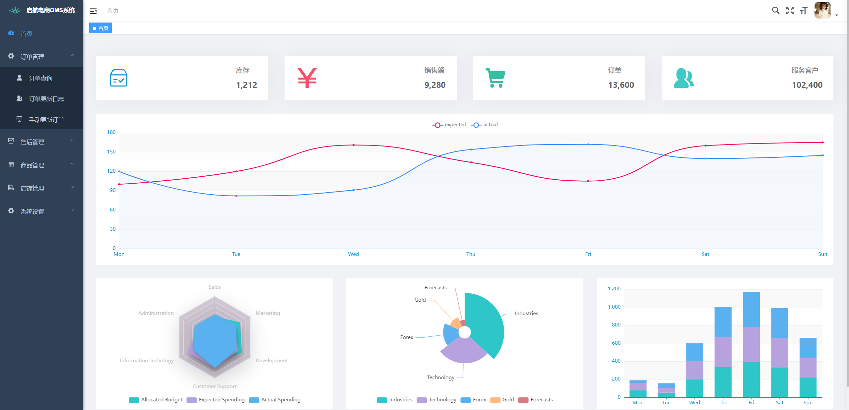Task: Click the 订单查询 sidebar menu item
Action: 40,78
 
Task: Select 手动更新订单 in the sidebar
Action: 46,120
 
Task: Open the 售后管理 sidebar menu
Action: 32,142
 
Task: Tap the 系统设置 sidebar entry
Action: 32,211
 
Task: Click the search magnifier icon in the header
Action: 775,11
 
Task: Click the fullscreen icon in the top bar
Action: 790,11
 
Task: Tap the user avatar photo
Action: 822,11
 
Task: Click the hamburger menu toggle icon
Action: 94,11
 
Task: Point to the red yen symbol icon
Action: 307,78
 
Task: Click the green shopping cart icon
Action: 495,78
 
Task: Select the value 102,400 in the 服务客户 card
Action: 807,85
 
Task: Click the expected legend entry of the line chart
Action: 449,125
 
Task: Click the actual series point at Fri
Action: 588,145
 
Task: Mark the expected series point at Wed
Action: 354,145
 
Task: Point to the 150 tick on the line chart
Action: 111,152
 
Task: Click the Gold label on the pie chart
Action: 420,300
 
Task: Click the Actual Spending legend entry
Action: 275,400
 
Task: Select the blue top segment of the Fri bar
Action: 751,309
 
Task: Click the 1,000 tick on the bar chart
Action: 614,307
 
